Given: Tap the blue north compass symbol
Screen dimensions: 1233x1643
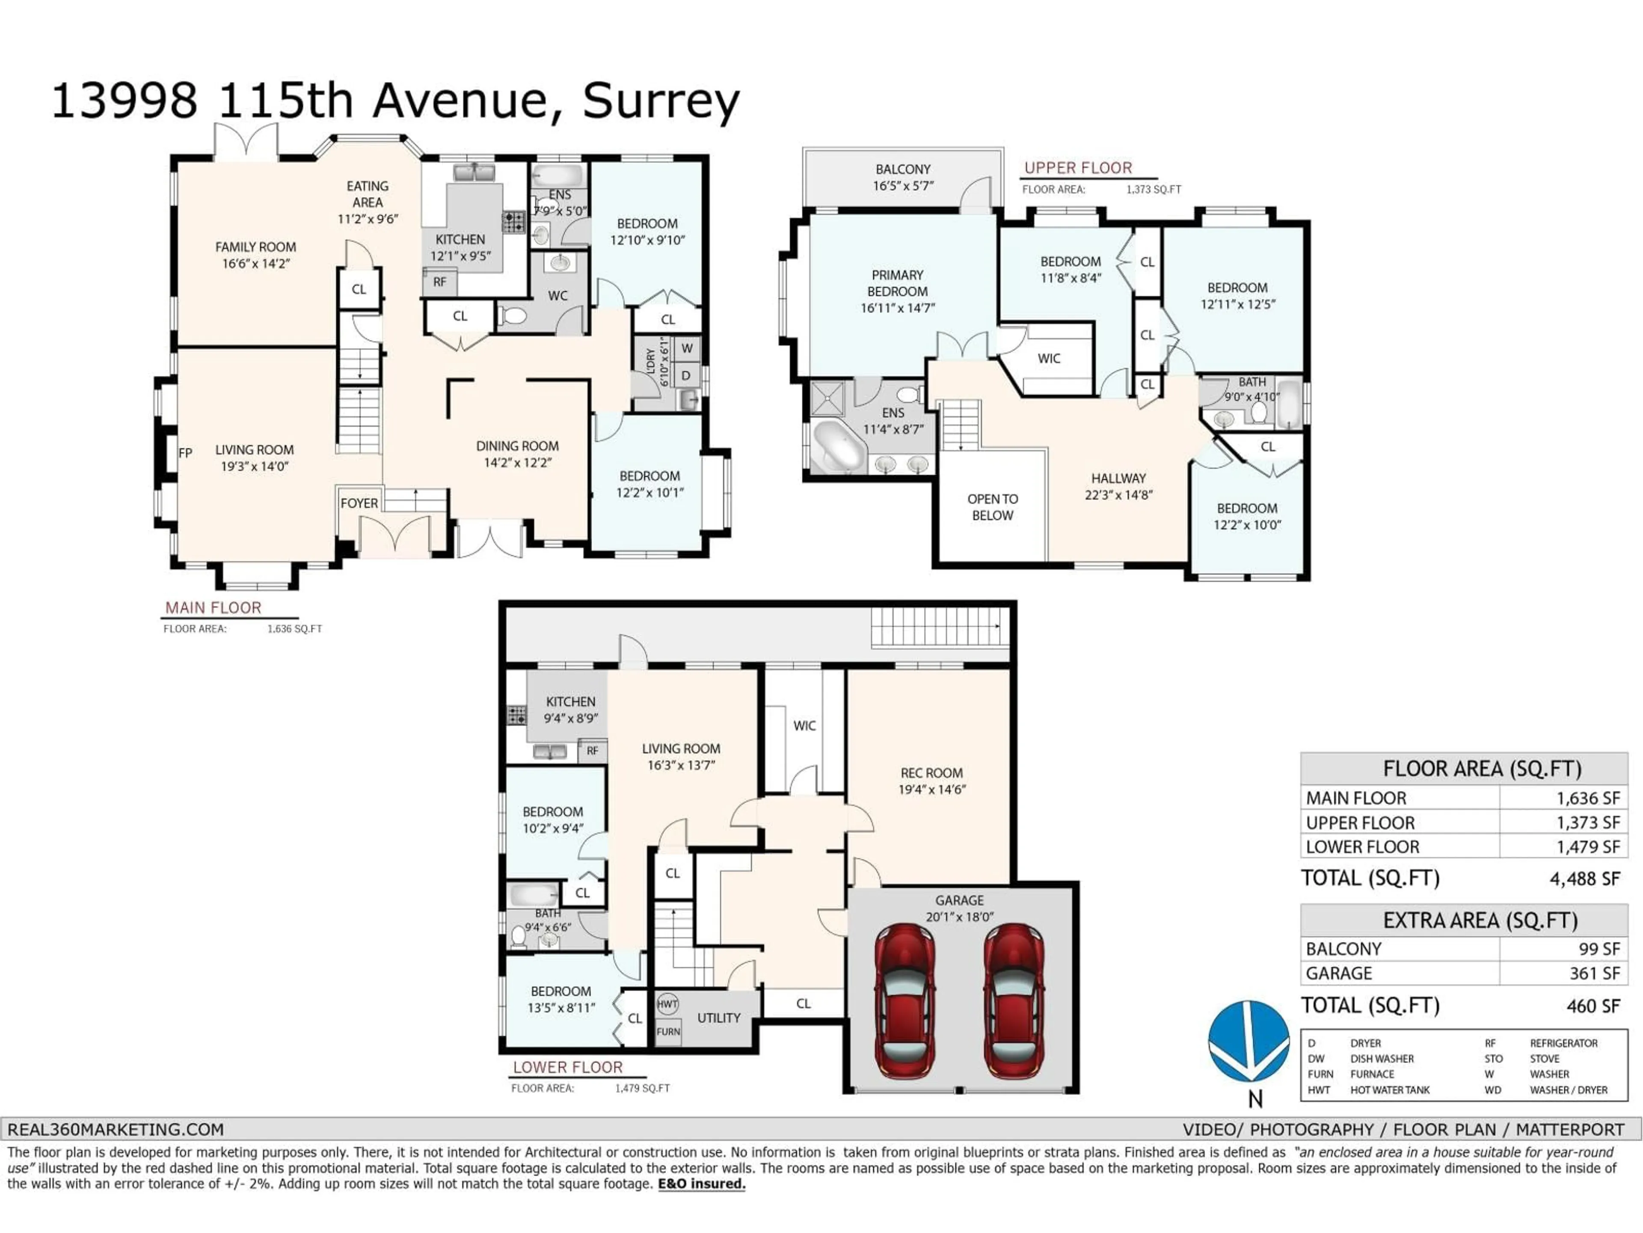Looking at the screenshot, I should coord(1249,1040).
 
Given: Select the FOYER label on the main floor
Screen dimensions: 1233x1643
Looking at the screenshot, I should coord(359,503).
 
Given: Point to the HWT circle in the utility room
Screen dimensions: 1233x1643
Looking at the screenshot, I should coord(667,1004).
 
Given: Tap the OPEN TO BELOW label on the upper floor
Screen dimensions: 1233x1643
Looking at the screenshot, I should coord(992,507).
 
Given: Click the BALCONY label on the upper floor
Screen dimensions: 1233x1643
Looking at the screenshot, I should coord(902,170).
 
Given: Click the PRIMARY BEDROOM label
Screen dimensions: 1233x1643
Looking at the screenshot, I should coord(897,283).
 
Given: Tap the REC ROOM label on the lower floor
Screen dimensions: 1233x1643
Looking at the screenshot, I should coord(931,773).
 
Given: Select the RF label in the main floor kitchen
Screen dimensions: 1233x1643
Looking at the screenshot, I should coord(440,283).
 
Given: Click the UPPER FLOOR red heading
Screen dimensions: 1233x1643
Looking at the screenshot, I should coord(1078,168).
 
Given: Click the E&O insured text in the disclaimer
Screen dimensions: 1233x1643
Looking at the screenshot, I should coord(701,1184).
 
